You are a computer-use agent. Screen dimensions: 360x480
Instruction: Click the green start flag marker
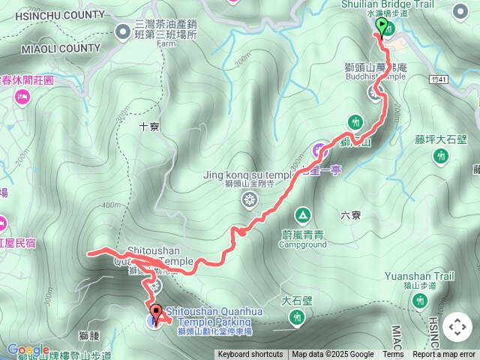pyautogui.click(x=382, y=27)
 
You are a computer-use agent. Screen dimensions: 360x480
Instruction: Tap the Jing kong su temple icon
pyautogui.click(x=248, y=199)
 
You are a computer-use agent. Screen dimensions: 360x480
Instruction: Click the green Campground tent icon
pyautogui.click(x=302, y=215)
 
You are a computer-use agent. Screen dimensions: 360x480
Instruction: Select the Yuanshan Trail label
pyautogui.click(x=420, y=276)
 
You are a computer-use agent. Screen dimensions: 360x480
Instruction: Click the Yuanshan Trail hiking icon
pyautogui.click(x=419, y=301)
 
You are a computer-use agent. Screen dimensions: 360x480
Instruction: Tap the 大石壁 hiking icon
pyautogui.click(x=297, y=319)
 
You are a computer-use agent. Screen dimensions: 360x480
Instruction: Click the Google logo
pyautogui.click(x=28, y=349)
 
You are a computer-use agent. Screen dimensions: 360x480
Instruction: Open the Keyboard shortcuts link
pyautogui.click(x=250, y=355)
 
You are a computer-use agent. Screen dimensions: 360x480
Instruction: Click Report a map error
pyautogui.click(x=444, y=355)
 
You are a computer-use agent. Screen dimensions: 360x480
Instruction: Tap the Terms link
pyautogui.click(x=393, y=355)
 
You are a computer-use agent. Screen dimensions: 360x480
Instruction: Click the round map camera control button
pyautogui.click(x=457, y=328)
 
